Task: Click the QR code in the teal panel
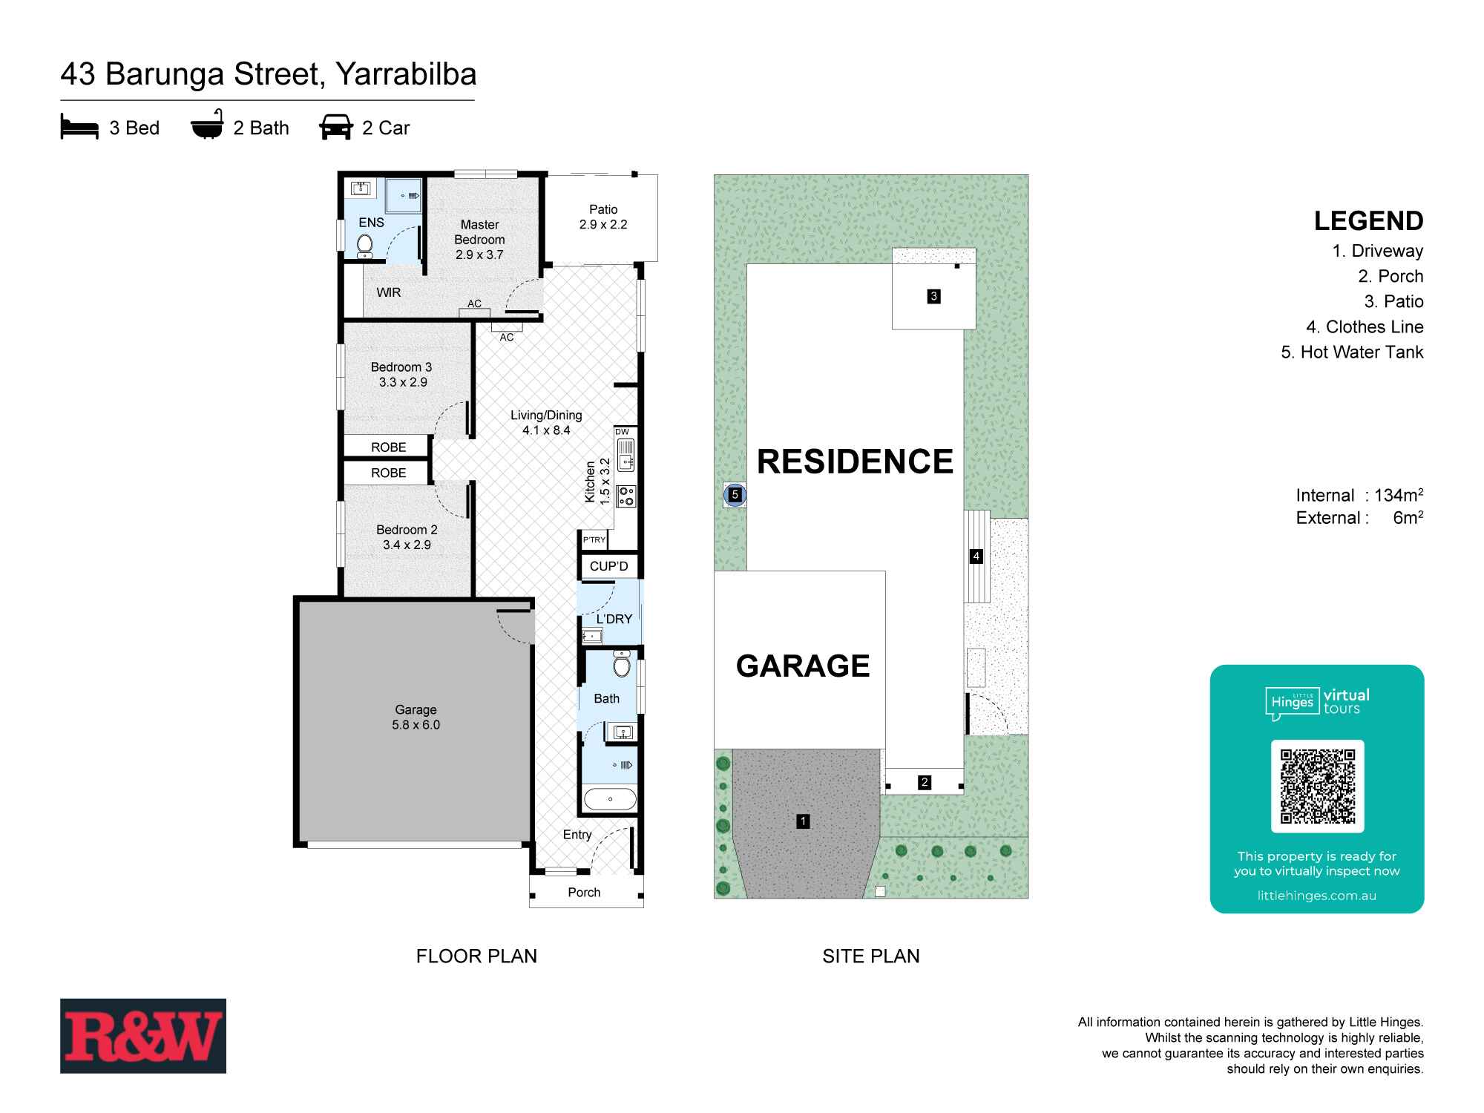(x=1317, y=787)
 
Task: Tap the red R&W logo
(x=143, y=1036)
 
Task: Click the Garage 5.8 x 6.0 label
(x=416, y=718)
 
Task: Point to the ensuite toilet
(x=364, y=246)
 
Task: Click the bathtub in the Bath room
(x=610, y=799)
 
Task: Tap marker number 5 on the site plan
(x=735, y=494)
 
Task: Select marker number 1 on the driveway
(x=802, y=821)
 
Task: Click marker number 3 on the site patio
(x=933, y=296)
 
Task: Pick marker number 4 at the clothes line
(x=976, y=556)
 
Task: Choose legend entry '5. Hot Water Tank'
(x=1352, y=352)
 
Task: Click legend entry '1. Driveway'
(x=1378, y=251)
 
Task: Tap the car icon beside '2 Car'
(x=336, y=127)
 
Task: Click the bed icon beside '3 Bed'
(x=79, y=127)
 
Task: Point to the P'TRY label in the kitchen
(x=594, y=539)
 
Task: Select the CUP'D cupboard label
(x=608, y=566)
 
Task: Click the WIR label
(x=388, y=292)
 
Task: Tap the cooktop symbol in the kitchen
(x=626, y=496)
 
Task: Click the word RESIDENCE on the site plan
(x=855, y=462)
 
